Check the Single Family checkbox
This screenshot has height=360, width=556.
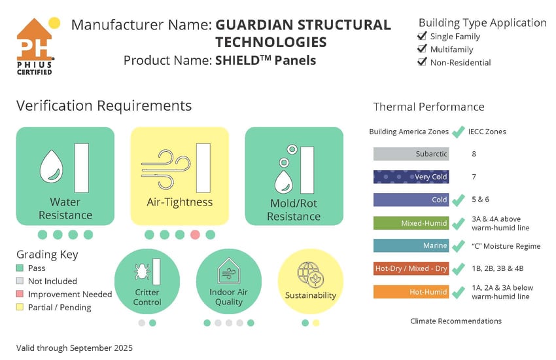tap(423, 36)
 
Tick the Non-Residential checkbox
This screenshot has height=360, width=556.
tap(423, 62)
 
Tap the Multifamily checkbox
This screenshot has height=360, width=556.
tap(423, 49)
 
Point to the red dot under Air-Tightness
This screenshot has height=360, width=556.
tap(195, 234)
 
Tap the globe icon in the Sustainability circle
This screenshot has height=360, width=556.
tap(309, 273)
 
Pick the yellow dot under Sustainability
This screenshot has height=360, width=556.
tap(317, 323)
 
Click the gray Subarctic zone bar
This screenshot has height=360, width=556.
tap(411, 154)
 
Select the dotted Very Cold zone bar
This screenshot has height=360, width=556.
tap(411, 177)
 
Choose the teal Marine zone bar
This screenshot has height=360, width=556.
tap(411, 246)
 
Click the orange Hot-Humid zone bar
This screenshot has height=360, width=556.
tap(411, 292)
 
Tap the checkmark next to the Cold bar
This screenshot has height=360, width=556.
tap(459, 199)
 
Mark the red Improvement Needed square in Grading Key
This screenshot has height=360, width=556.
tap(21, 295)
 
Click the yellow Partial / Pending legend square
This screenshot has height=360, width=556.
tap(21, 308)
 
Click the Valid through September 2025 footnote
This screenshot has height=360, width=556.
tap(74, 348)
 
